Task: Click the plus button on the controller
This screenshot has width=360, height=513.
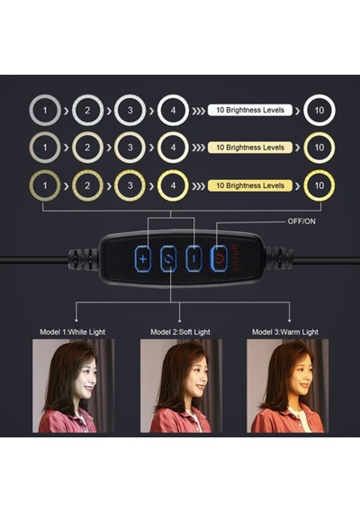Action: point(143,259)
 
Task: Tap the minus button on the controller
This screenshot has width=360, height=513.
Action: point(194,259)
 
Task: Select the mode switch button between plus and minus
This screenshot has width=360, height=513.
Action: point(168,259)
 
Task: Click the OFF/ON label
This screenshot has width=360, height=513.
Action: point(301,221)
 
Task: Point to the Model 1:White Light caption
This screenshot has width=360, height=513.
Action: point(73,332)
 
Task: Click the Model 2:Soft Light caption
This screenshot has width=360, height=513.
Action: point(180,332)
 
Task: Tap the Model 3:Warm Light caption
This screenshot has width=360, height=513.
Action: point(285,332)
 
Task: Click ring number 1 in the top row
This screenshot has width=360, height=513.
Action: point(30,111)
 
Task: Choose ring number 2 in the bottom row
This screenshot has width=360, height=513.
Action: point(73,185)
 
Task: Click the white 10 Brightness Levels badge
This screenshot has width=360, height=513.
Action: point(250,110)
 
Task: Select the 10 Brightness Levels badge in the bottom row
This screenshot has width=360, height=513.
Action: point(250,185)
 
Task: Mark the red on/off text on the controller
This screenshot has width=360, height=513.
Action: point(236,258)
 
